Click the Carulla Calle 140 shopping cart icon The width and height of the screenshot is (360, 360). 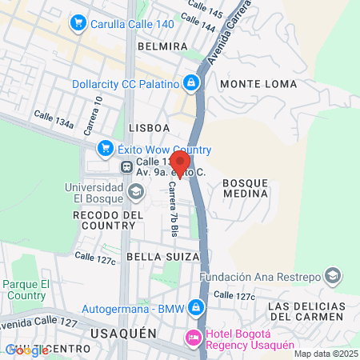tap(78, 22)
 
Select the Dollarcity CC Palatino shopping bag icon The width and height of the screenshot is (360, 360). tap(191, 82)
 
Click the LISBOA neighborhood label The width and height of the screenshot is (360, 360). tap(149, 127)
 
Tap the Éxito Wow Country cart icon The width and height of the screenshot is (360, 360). tap(105, 149)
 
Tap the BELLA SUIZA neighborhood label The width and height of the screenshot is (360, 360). tap(156, 258)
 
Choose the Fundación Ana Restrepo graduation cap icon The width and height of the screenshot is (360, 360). tap(334, 277)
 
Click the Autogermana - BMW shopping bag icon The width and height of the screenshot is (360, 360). tap(195, 308)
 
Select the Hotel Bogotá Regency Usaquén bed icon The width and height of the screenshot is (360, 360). tap(193, 339)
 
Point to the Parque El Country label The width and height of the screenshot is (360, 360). tap(26, 290)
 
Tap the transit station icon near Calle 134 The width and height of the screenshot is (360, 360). tap(126, 167)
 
